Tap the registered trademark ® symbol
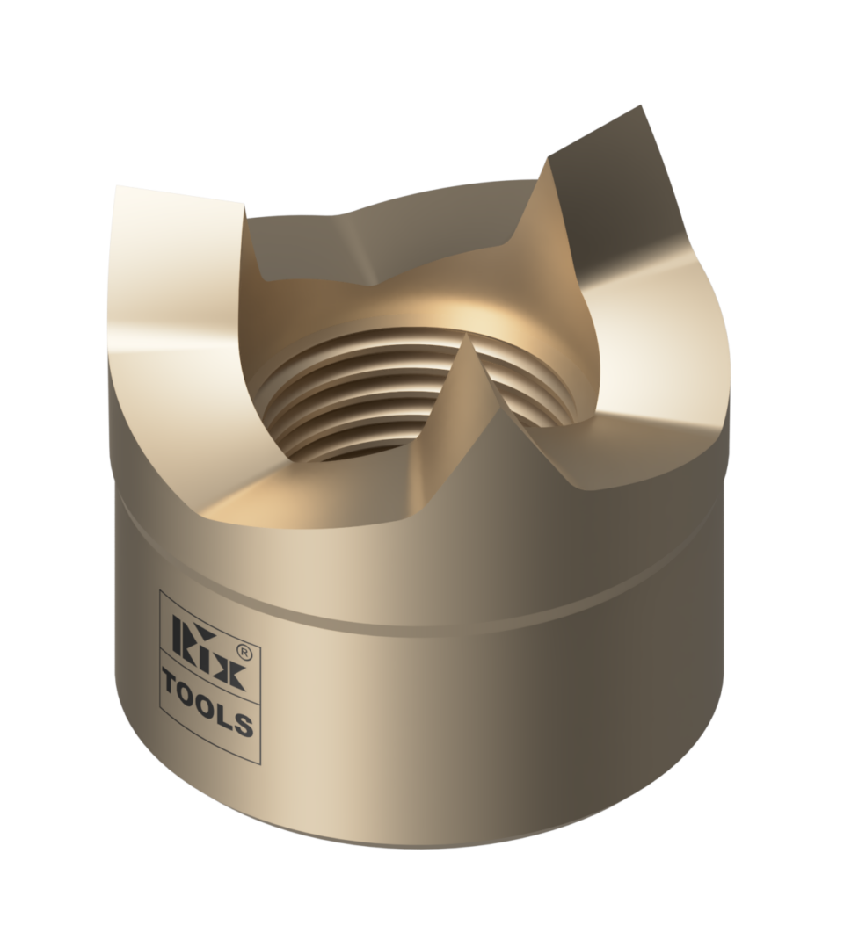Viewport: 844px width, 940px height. [247, 654]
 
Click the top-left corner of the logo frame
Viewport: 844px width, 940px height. [159, 590]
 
